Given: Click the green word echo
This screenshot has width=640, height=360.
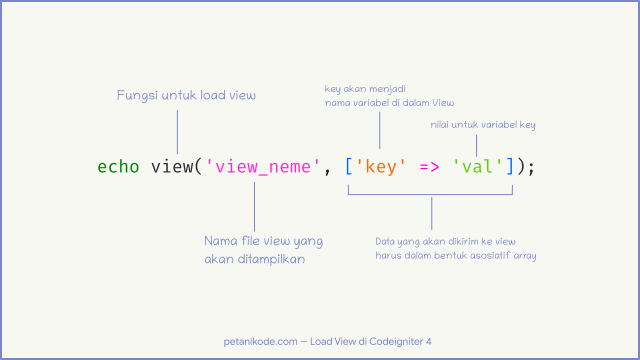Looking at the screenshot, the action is pyautogui.click(x=119, y=166).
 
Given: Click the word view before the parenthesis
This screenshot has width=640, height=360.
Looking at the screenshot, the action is pyautogui.click(x=171, y=166).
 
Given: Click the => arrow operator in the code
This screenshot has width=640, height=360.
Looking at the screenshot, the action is pyautogui.click(x=429, y=166).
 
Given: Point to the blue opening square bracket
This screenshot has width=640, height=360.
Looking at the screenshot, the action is pyautogui.click(x=348, y=166).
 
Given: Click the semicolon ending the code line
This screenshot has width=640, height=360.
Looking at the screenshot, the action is pyautogui.click(x=532, y=166).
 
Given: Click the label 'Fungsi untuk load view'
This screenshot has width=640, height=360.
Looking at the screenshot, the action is pyautogui.click(x=187, y=95).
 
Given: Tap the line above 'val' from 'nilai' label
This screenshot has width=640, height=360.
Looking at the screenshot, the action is pyautogui.click(x=476, y=144).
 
